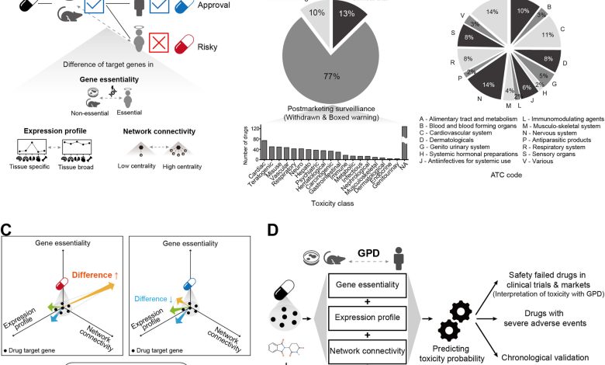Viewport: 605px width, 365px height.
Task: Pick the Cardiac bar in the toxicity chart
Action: click(264, 148)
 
